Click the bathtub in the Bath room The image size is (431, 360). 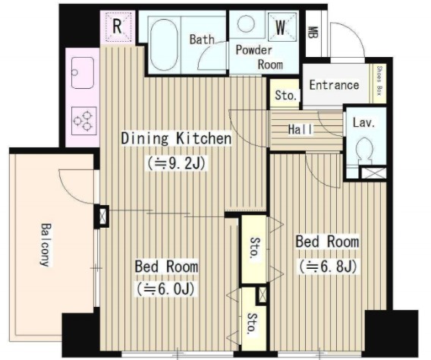pyautogui.click(x=164, y=45)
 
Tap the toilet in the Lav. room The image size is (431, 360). pyautogui.click(x=364, y=150)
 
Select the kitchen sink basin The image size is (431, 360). pyautogui.click(x=83, y=73)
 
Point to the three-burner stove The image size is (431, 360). pyautogui.click(x=83, y=121)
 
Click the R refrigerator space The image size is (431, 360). pyautogui.click(x=118, y=27)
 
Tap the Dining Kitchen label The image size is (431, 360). pyautogui.click(x=176, y=138)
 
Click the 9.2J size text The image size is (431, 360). pyautogui.click(x=177, y=163)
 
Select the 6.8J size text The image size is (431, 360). pyautogui.click(x=329, y=266)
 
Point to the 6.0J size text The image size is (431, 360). pyautogui.click(x=165, y=289)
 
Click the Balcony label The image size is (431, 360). pyautogui.click(x=46, y=245)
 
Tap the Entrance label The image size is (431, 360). pyautogui.click(x=334, y=85)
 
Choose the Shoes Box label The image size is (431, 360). pyautogui.click(x=379, y=81)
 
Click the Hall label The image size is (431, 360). pyautogui.click(x=300, y=129)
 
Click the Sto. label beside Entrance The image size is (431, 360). pyautogui.click(x=286, y=95)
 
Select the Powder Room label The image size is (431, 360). pyautogui.click(x=259, y=57)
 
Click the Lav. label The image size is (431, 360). pyautogui.click(x=363, y=123)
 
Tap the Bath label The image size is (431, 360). pyautogui.click(x=202, y=39)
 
